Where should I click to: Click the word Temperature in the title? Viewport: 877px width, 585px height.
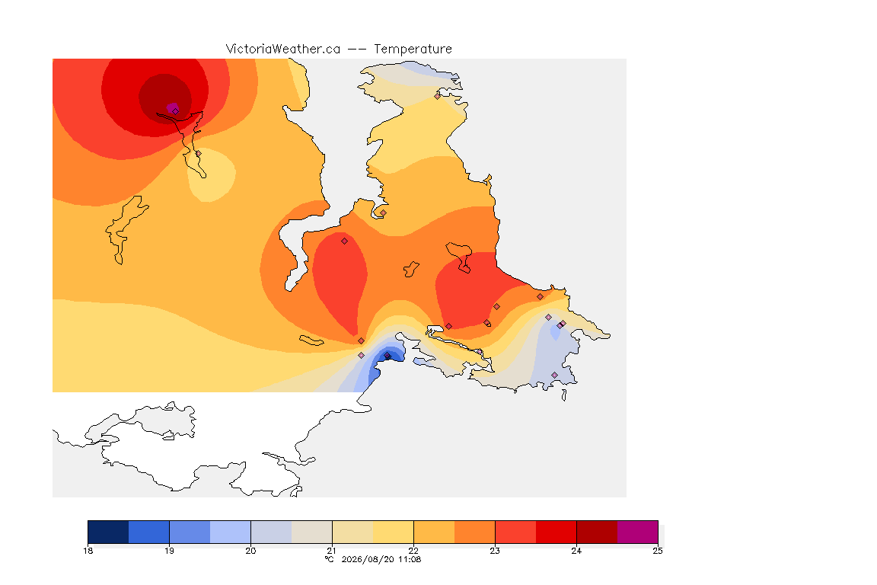[413, 50]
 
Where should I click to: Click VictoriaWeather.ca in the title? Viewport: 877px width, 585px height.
[283, 50]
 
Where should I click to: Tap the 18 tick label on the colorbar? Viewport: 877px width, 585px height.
[88, 551]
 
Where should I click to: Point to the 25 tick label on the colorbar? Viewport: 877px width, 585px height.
[658, 551]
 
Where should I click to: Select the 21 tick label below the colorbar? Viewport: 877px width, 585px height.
[332, 551]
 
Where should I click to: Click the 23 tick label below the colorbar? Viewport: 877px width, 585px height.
[495, 551]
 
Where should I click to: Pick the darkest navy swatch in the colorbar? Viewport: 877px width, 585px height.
[109, 532]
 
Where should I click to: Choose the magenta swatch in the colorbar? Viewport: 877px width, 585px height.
[638, 532]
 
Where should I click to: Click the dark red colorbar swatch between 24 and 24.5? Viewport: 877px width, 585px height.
[597, 532]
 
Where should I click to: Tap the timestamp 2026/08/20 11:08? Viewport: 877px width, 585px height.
[381, 559]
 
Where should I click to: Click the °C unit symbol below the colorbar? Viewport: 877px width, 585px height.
[330, 559]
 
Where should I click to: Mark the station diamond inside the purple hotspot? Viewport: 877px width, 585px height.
[176, 111]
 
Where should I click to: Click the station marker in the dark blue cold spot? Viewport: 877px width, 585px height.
[387, 356]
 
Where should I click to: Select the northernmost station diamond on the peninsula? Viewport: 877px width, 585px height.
[438, 96]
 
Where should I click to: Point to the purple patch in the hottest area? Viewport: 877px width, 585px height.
[172, 107]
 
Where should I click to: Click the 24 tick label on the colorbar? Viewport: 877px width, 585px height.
[576, 551]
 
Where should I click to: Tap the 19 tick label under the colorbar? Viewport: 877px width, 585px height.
[170, 551]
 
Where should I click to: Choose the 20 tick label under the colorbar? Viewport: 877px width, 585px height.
[250, 551]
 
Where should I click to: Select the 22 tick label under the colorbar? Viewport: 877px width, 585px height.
[413, 551]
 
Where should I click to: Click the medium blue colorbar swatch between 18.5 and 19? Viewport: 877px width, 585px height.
[148, 532]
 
